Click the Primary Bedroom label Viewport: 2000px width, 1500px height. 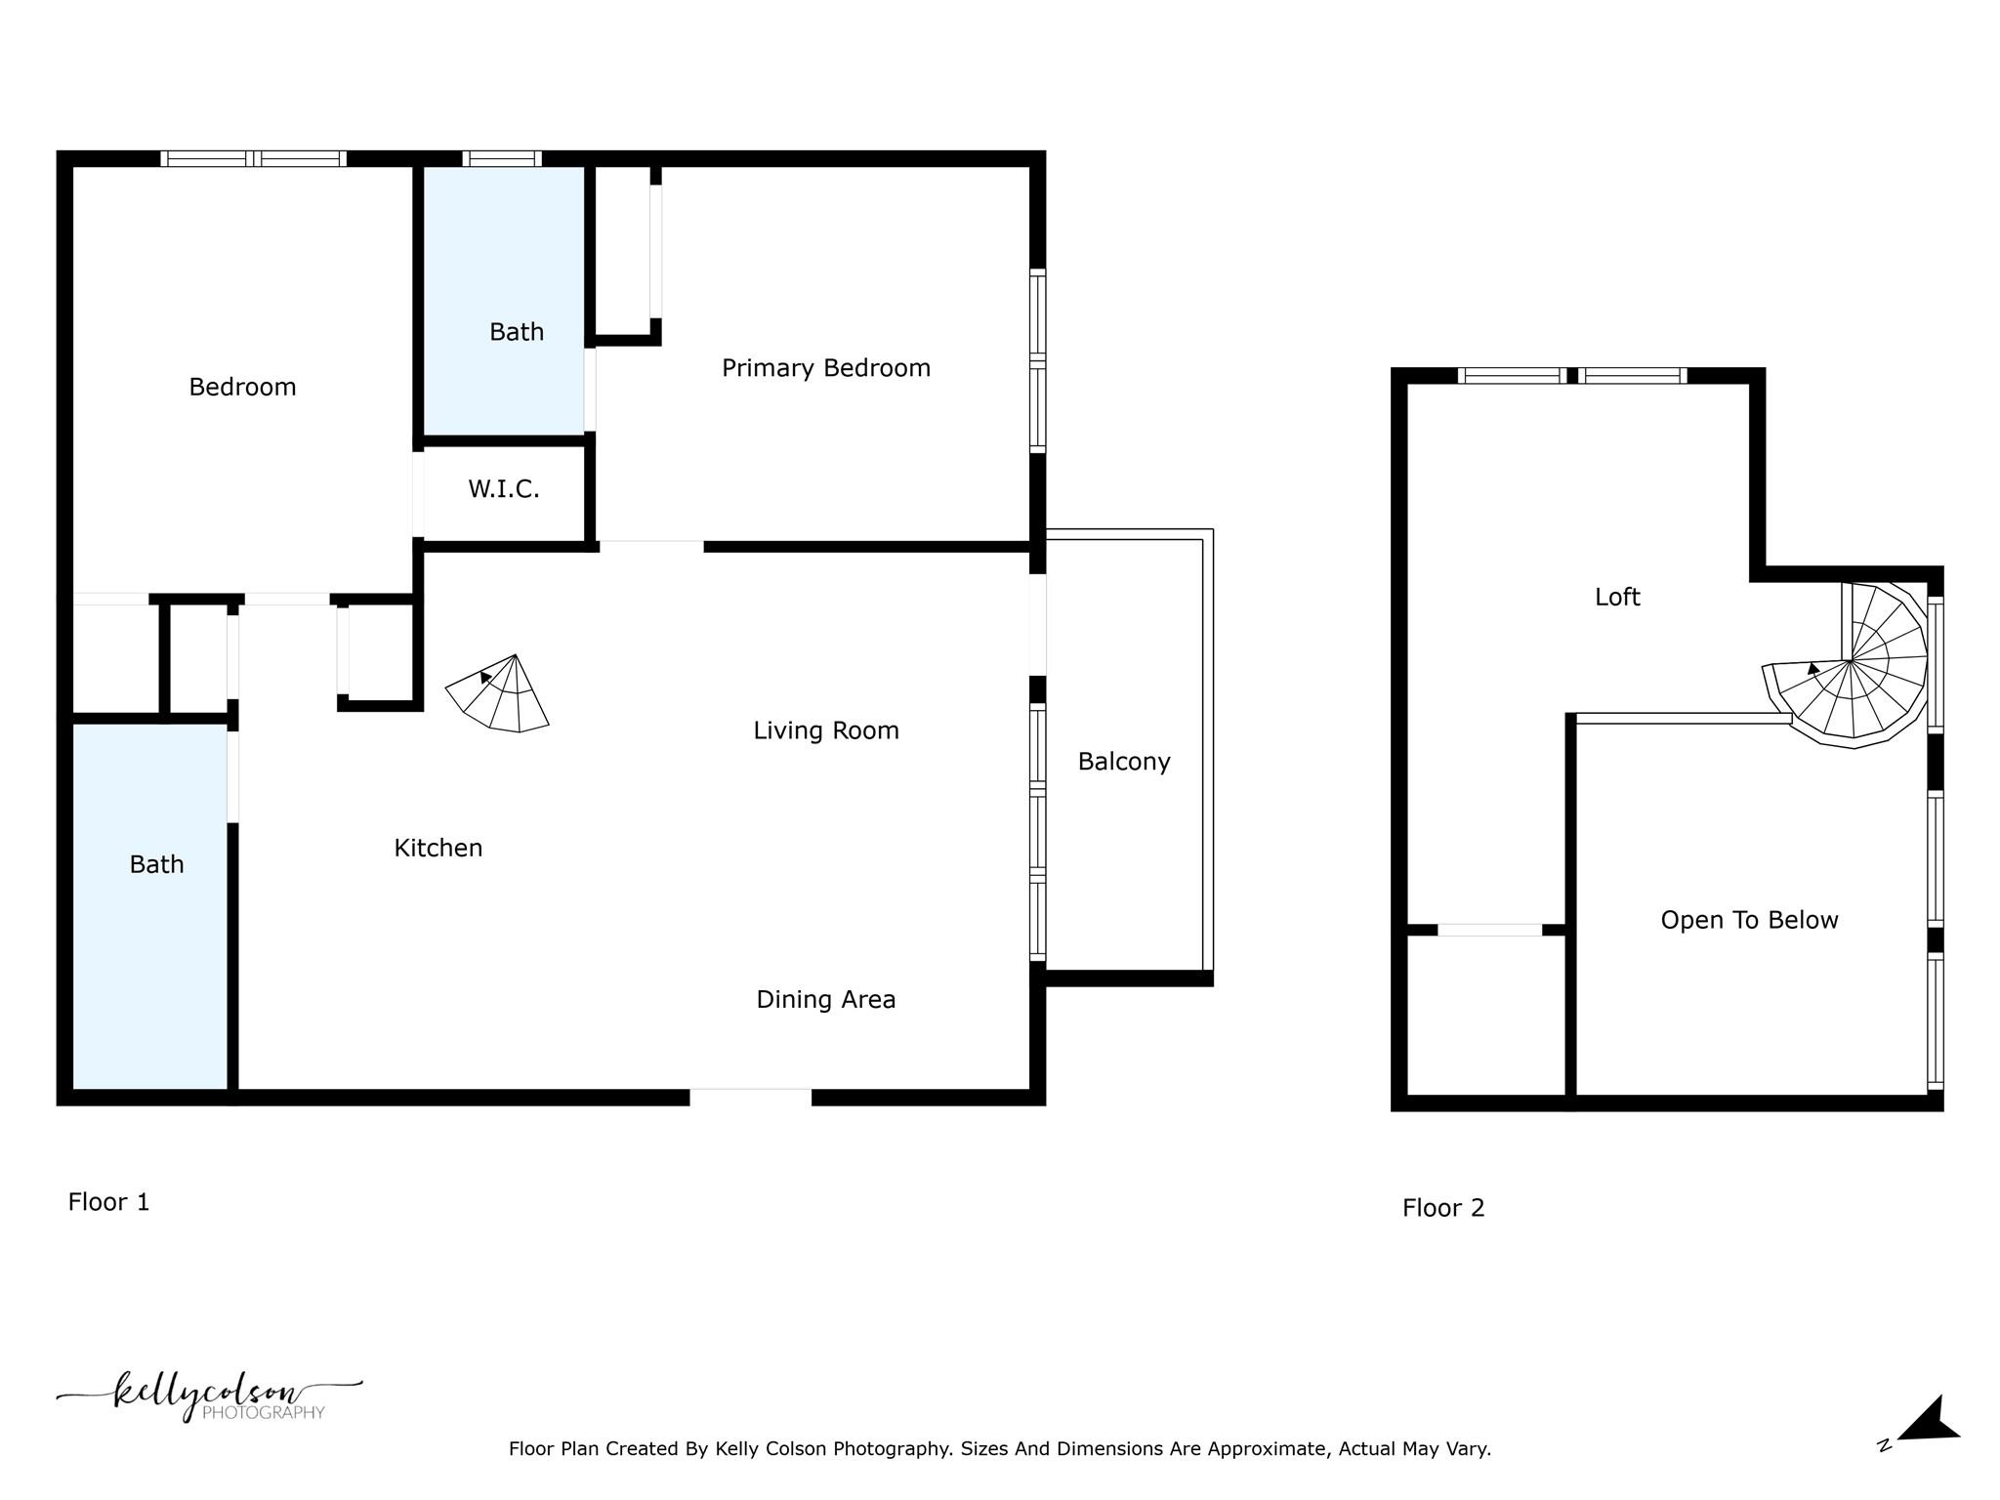825,368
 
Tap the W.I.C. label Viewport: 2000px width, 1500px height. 503,489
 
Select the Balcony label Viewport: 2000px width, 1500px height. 1123,762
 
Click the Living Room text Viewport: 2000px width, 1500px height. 825,730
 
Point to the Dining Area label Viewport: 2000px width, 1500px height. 825,999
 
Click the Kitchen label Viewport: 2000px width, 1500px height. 437,848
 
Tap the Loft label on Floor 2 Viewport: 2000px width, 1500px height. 1616,597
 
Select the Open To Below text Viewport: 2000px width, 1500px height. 1748,920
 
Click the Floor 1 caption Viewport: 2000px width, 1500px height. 108,1202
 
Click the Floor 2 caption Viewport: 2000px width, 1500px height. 1442,1208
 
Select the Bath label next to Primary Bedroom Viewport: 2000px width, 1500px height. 516,332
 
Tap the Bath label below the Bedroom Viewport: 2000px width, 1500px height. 156,864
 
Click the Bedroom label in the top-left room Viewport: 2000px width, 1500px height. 242,387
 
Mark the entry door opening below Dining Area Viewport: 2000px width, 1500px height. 750,1097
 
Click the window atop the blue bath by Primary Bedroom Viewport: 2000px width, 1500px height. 502,158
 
